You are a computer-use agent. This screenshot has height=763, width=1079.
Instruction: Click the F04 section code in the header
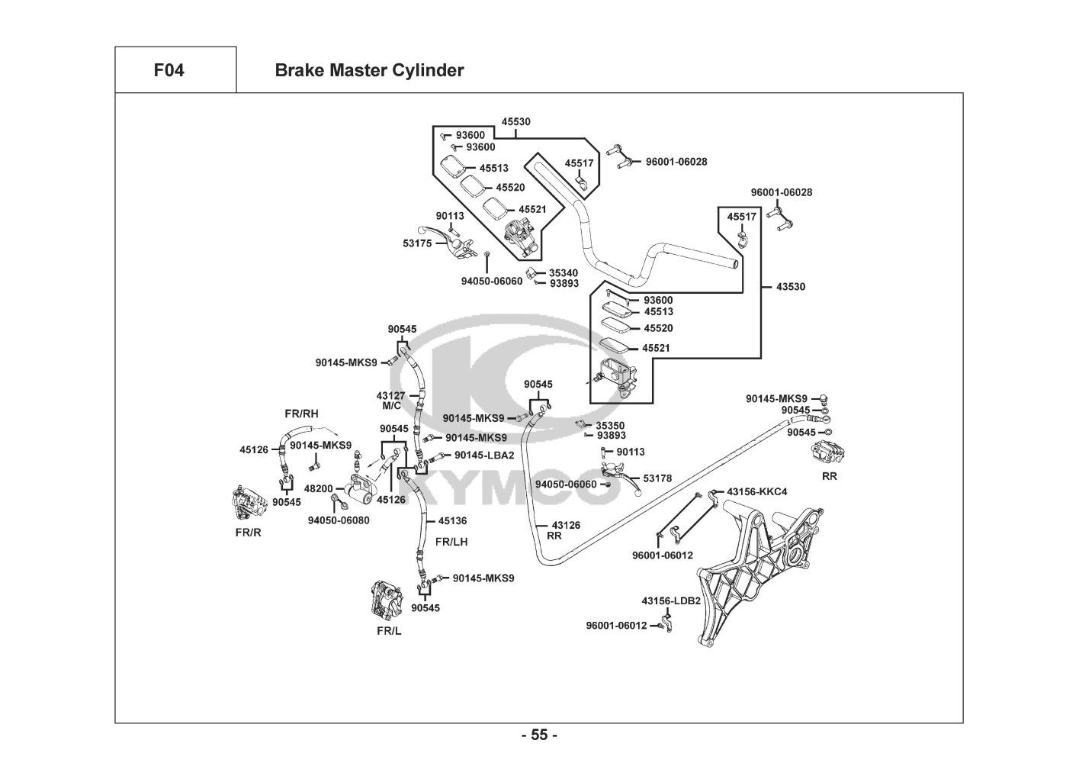169,71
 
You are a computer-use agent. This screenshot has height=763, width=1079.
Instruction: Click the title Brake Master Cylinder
369,71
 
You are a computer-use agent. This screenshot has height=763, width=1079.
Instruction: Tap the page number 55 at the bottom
539,736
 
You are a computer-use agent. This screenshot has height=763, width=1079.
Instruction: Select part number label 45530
516,122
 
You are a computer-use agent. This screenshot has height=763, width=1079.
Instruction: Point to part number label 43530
791,287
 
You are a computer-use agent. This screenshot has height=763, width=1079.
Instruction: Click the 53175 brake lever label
417,243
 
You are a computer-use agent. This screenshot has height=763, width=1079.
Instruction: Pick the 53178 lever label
657,478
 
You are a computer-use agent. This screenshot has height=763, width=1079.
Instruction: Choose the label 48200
318,489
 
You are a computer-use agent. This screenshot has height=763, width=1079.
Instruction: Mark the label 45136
452,521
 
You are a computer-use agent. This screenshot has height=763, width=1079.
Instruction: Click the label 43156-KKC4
757,491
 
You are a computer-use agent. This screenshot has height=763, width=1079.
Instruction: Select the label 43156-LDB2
671,600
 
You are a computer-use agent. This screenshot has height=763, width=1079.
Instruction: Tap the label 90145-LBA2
484,456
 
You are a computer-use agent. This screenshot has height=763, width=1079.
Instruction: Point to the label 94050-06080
339,520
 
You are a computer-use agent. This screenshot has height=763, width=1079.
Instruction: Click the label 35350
610,425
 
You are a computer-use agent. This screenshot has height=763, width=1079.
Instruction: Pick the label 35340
564,272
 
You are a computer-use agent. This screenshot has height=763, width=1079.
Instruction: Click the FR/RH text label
301,414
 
